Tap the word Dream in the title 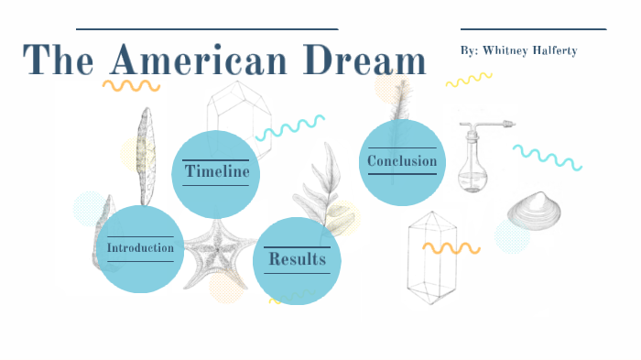point(366,60)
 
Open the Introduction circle point(140,248)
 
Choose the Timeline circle point(217,172)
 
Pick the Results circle point(297,259)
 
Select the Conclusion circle point(402,162)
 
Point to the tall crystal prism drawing point(432,256)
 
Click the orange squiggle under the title point(130,85)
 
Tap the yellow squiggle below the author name point(469,81)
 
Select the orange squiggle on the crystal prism point(451,247)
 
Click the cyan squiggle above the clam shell point(547,157)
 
